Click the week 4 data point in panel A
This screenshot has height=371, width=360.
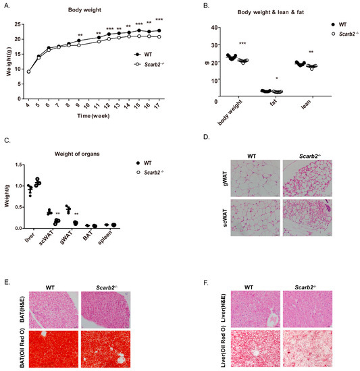[28, 71]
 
